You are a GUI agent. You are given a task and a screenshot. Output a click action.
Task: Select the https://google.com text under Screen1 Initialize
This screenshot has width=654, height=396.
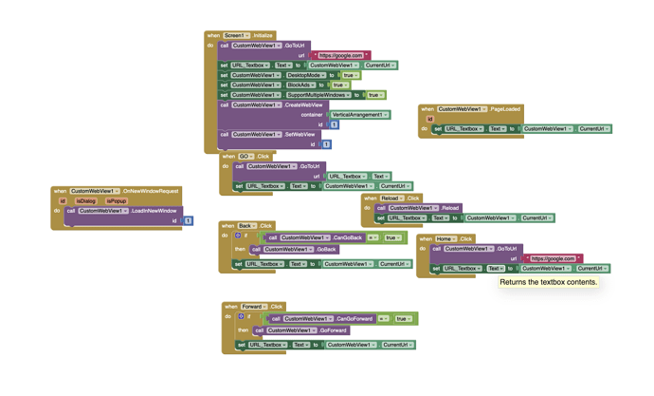point(341,55)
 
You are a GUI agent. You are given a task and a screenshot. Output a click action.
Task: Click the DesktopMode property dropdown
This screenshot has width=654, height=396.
point(306,75)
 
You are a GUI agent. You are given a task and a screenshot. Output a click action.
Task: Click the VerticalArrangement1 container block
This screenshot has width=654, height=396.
point(359,114)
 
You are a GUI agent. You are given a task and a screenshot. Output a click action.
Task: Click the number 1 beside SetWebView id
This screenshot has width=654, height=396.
point(326,144)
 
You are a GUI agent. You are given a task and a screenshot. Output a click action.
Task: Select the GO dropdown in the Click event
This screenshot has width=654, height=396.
point(245,156)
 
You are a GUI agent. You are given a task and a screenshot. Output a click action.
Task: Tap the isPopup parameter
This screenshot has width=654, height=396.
point(116,201)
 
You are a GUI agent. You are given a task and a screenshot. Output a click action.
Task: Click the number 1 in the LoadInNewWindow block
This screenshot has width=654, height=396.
point(188,220)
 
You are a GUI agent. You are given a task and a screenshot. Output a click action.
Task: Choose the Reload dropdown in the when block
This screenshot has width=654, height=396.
point(391,198)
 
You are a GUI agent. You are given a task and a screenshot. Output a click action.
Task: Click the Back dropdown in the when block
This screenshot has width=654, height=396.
point(247,226)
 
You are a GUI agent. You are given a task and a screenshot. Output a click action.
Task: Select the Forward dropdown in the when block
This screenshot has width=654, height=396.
point(253,307)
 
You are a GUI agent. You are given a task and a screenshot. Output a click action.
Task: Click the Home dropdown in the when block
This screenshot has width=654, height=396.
point(445,238)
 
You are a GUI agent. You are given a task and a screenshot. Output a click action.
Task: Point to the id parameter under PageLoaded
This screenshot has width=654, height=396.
point(429,119)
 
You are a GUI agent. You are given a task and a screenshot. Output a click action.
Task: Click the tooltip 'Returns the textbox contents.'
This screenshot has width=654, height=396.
point(549,282)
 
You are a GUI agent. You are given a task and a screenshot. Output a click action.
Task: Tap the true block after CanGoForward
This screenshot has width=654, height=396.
point(403,319)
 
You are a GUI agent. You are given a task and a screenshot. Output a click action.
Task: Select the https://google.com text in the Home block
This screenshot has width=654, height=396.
point(553,258)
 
